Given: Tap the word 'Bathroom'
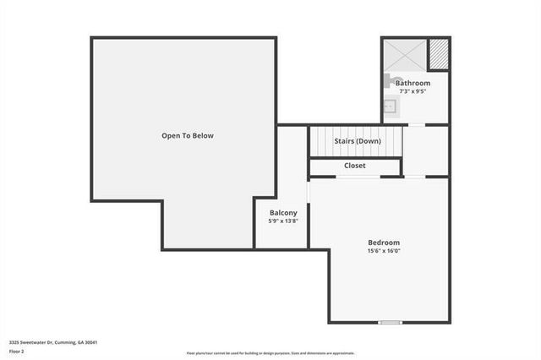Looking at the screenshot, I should click(x=413, y=84).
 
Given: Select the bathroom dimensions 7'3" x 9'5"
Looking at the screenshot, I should click(x=413, y=92).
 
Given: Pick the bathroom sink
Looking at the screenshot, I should click(x=390, y=106).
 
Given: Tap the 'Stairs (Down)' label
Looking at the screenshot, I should click(x=356, y=141).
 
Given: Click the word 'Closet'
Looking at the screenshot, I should click(x=355, y=166).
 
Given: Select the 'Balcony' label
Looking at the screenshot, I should click(x=283, y=212).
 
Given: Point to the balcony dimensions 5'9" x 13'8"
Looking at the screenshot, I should click(x=283, y=221).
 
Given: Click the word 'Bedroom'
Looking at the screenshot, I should click(x=384, y=243).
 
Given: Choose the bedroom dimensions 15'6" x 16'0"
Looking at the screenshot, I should click(x=384, y=251).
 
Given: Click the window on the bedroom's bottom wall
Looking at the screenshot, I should click(x=390, y=322).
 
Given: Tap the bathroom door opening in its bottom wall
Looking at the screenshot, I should click(x=416, y=125).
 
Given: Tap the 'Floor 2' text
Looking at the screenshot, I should click(x=17, y=352).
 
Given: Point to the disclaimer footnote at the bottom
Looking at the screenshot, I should click(x=270, y=353).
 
